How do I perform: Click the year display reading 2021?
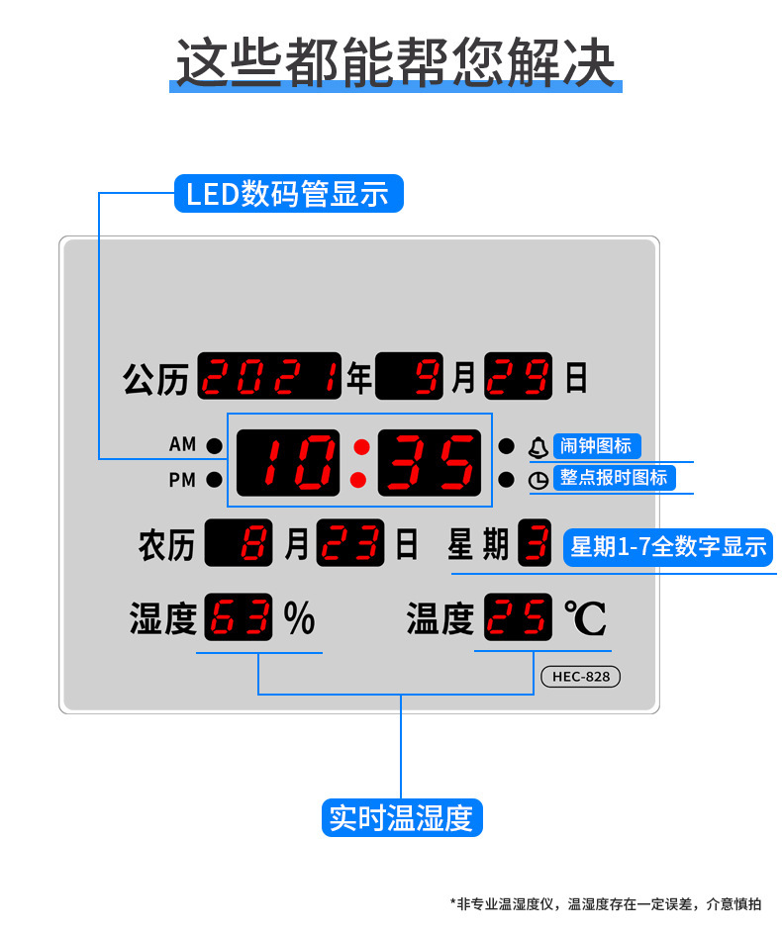tap(269, 376)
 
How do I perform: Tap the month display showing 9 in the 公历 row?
tap(410, 376)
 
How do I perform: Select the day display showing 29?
tap(518, 376)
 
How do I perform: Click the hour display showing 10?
tap(288, 463)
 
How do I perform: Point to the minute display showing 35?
tap(429, 463)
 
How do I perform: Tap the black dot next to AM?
tap(214, 445)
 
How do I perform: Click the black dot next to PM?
tap(214, 480)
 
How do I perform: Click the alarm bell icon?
tap(538, 447)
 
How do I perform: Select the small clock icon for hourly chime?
tap(538, 480)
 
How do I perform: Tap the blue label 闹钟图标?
tap(597, 445)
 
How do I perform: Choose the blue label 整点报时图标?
tap(614, 478)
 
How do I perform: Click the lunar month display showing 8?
tap(238, 542)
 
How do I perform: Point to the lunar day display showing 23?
tap(350, 542)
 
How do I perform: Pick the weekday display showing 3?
tap(535, 542)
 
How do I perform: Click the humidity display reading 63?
tap(238, 617)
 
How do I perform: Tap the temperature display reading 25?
tap(518, 617)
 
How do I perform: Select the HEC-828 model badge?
tap(581, 677)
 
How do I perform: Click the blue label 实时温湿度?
tap(402, 817)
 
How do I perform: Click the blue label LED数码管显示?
tap(289, 193)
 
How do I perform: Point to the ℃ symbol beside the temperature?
tap(585, 618)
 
